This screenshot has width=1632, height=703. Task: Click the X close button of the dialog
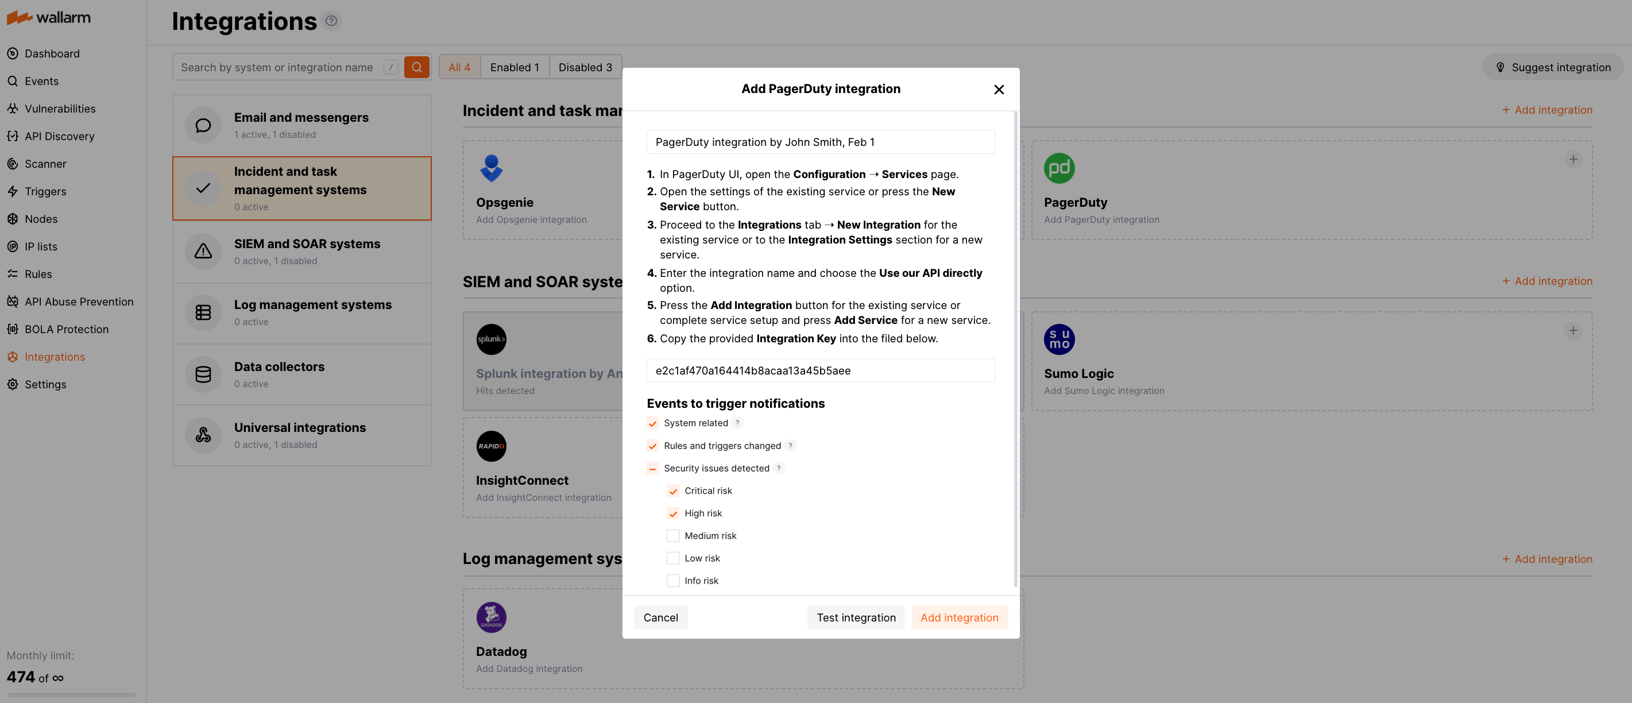click(x=999, y=90)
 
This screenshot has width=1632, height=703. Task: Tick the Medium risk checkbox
click(x=673, y=536)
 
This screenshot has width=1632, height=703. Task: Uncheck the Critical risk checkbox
click(x=673, y=490)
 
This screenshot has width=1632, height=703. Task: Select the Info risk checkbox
click(x=673, y=581)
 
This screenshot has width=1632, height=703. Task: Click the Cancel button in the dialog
click(x=660, y=617)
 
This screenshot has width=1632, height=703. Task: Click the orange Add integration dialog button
click(x=958, y=617)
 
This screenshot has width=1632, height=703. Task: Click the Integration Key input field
click(x=820, y=371)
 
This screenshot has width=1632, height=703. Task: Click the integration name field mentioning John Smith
click(x=820, y=142)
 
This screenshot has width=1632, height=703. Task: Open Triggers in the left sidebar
click(x=45, y=191)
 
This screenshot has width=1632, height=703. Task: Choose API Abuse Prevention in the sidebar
click(x=79, y=302)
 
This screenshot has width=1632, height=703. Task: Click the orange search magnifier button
click(x=416, y=67)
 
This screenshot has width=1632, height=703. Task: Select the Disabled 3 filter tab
click(x=585, y=67)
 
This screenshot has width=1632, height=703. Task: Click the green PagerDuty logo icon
click(x=1059, y=169)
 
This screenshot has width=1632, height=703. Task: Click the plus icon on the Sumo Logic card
click(x=1572, y=330)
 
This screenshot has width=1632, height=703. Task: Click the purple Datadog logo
click(x=491, y=617)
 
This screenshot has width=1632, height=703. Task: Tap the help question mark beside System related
click(x=737, y=423)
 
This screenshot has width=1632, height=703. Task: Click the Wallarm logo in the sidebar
click(x=49, y=18)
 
